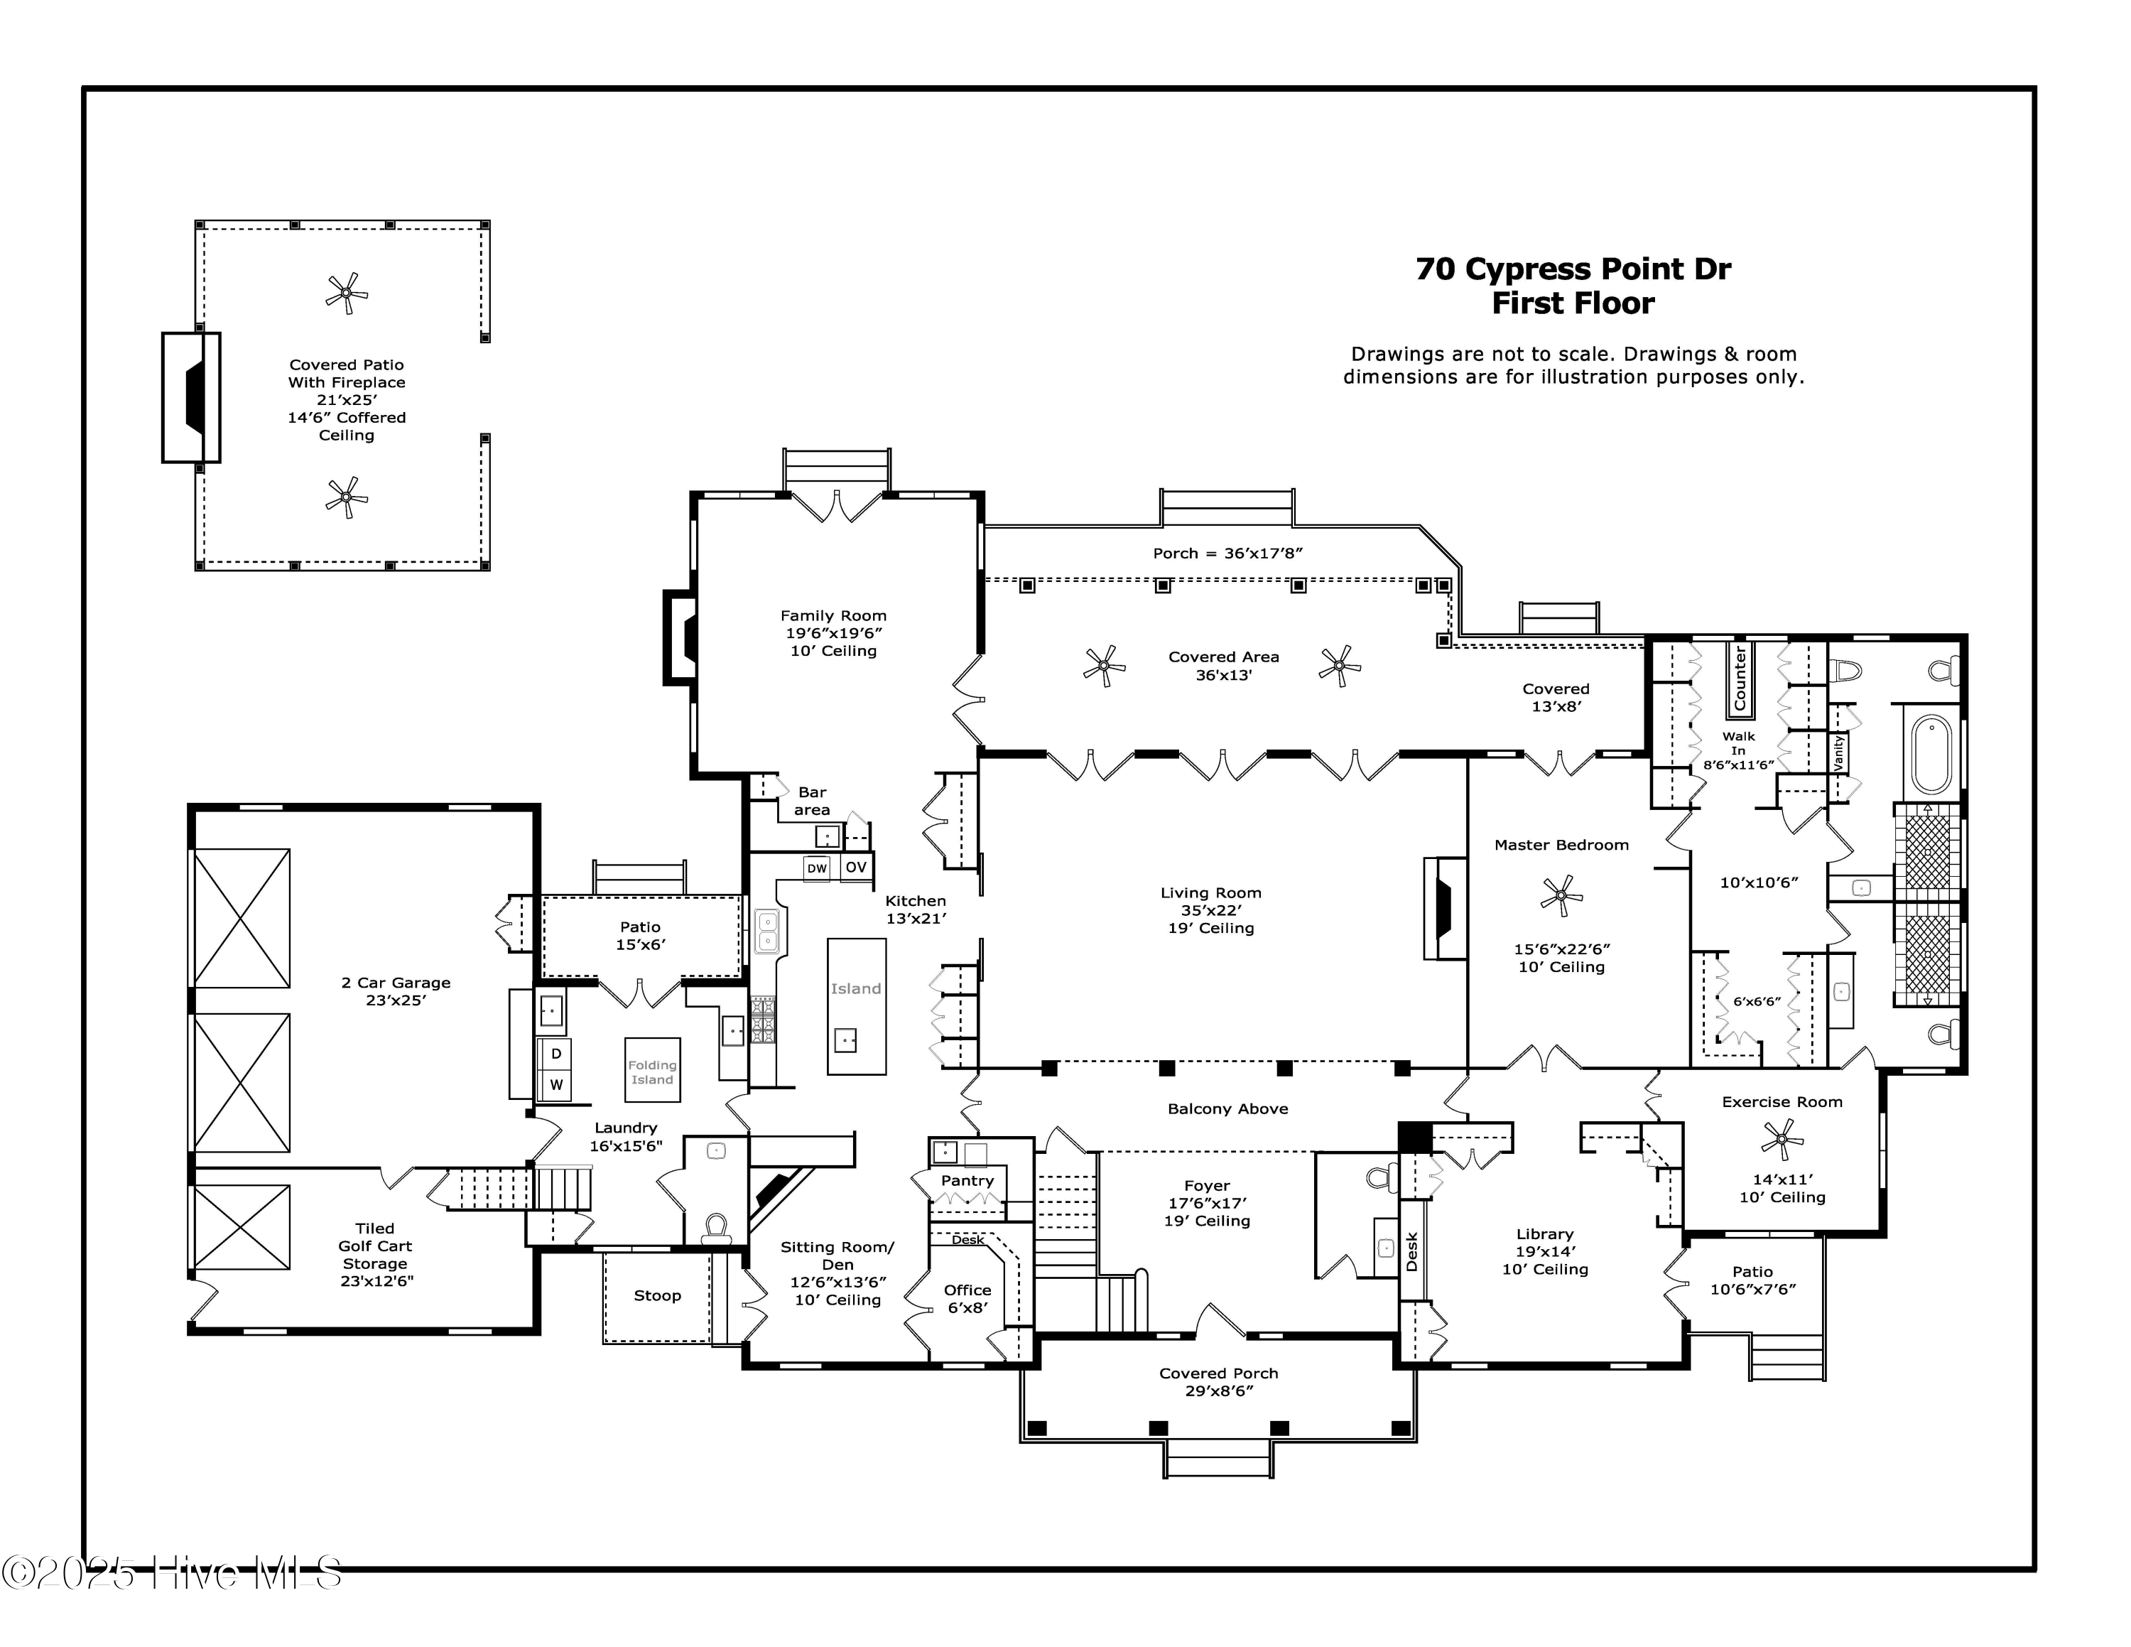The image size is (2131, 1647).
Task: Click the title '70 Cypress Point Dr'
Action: click(x=1573, y=269)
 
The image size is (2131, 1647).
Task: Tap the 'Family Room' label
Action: click(x=833, y=616)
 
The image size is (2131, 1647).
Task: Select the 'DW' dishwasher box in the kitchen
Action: click(x=817, y=868)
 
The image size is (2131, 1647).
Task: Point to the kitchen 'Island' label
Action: click(x=856, y=988)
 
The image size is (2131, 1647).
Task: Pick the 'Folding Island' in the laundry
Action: click(x=653, y=1069)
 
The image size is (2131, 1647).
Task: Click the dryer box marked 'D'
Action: click(x=556, y=1054)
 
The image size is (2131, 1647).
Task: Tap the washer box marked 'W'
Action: click(x=556, y=1084)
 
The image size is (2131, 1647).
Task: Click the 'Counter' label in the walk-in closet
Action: click(x=1740, y=678)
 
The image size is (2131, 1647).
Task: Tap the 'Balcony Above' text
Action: click(x=1227, y=1108)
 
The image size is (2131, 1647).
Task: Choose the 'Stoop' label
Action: click(x=658, y=1296)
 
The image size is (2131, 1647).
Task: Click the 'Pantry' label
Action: click(x=967, y=1181)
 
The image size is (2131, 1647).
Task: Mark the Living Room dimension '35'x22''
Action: click(x=1211, y=910)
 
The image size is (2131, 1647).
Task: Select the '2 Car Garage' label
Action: click(x=396, y=983)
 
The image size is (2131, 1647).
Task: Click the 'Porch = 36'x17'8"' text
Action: click(x=1227, y=553)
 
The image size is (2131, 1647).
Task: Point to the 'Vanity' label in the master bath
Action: click(x=1839, y=752)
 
